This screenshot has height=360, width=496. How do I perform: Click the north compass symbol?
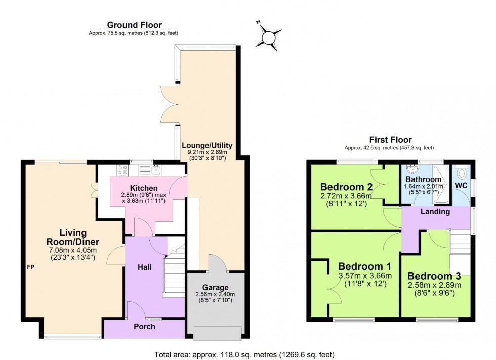pyautogui.click(x=270, y=36)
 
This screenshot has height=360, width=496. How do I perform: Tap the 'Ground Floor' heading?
pyautogui.click(x=134, y=25)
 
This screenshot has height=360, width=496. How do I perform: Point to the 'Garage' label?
pyautogui.click(x=216, y=287)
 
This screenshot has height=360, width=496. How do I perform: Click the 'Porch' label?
pyautogui.click(x=145, y=326)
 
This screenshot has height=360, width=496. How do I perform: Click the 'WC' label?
pyautogui.click(x=461, y=185)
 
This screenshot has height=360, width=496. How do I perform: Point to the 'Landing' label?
pyautogui.click(x=435, y=212)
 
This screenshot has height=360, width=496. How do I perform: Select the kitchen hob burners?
pyautogui.click(x=122, y=170)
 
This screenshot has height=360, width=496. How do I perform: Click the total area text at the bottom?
pyautogui.click(x=243, y=354)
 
